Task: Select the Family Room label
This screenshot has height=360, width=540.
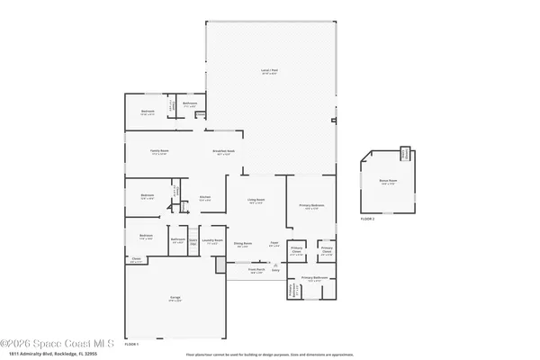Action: [x=160, y=150]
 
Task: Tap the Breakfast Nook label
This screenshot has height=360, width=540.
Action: [x=223, y=150]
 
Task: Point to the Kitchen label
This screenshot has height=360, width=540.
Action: [x=204, y=197]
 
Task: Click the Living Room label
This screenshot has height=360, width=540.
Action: [x=256, y=200]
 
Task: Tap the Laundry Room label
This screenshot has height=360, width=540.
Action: [x=212, y=240]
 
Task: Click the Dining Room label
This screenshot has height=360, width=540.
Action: [x=242, y=244]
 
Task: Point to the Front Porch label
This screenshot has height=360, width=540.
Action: [x=256, y=269]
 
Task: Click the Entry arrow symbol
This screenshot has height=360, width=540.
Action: [x=275, y=265]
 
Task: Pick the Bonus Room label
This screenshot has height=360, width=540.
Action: [x=387, y=181]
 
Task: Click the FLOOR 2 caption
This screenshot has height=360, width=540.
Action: [x=366, y=219]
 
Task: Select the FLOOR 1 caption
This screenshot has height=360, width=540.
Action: [x=130, y=345]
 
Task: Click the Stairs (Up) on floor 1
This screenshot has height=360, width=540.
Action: [x=192, y=240]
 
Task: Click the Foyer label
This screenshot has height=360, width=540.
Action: [x=274, y=244]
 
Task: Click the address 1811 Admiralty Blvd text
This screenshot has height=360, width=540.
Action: [x=49, y=354]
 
